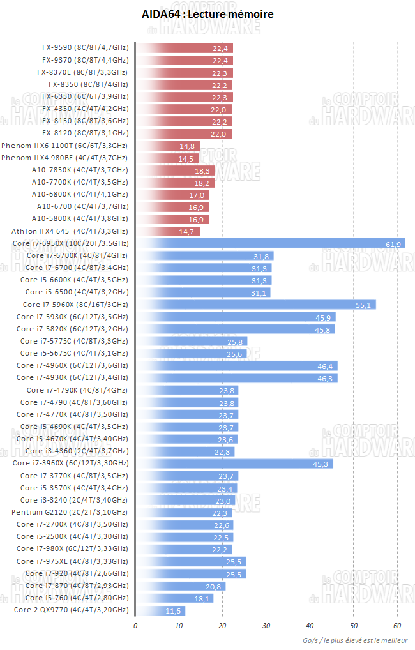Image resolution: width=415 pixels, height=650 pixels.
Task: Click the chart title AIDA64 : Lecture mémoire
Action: click(207, 14)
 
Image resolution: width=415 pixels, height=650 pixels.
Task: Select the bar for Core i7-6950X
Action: click(271, 243)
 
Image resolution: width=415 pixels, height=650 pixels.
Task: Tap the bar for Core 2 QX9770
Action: click(161, 610)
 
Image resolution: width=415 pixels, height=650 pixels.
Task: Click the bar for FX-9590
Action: click(185, 47)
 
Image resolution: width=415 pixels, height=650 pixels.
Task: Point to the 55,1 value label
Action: click(363, 305)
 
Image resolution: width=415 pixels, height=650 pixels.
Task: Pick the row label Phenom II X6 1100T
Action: click(64, 146)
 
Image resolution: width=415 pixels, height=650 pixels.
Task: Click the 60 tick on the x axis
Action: click(397, 626)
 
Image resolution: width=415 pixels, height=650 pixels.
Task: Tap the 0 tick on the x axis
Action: click(135, 626)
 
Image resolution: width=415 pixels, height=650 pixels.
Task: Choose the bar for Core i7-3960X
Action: click(234, 464)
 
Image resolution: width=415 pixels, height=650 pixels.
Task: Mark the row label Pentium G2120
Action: click(70, 512)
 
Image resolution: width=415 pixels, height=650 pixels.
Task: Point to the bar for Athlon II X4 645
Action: click(168, 231)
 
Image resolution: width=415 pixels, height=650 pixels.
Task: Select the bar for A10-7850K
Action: click(176, 170)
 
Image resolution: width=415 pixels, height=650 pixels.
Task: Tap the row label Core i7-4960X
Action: click(72, 365)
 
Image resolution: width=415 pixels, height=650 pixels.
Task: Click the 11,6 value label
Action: click(174, 611)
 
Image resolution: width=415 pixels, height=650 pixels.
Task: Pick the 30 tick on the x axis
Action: click(266, 626)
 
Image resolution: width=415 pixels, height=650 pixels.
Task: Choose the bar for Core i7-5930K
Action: click(236, 317)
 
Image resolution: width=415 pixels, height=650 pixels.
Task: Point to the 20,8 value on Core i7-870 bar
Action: click(214, 586)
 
